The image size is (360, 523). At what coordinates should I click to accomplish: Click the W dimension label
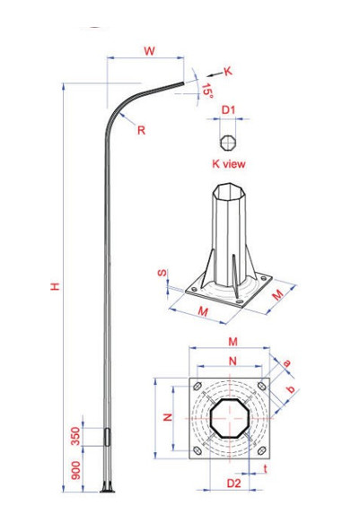coord(148,51)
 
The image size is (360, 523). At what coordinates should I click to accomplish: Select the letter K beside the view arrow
coord(227,70)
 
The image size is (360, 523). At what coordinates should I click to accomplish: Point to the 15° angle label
coord(206,91)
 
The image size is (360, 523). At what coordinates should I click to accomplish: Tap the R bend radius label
coord(142,129)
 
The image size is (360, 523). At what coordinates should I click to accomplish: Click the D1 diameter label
coord(229,110)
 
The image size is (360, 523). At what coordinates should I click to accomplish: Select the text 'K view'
coord(228,164)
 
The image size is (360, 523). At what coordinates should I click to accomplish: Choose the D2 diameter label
coord(233,484)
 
